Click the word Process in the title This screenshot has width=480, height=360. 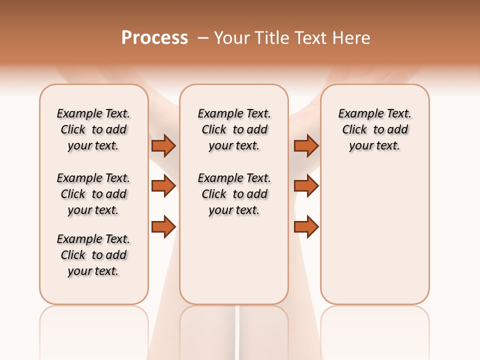154,38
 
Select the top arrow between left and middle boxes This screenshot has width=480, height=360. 163,145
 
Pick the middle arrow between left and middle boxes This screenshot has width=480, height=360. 163,186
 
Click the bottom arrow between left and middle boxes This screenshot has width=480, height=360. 163,226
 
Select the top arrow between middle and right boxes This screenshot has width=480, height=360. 306,145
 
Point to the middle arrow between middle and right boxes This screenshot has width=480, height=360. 306,186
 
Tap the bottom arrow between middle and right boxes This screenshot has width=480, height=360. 306,226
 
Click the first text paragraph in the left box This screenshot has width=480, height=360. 93,129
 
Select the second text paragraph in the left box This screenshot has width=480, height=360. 93,194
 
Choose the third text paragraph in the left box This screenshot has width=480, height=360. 93,255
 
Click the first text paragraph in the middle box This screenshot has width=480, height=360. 234,129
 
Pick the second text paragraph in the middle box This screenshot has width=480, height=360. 234,194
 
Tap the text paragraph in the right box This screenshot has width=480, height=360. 374,129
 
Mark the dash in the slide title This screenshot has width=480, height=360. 203,38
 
